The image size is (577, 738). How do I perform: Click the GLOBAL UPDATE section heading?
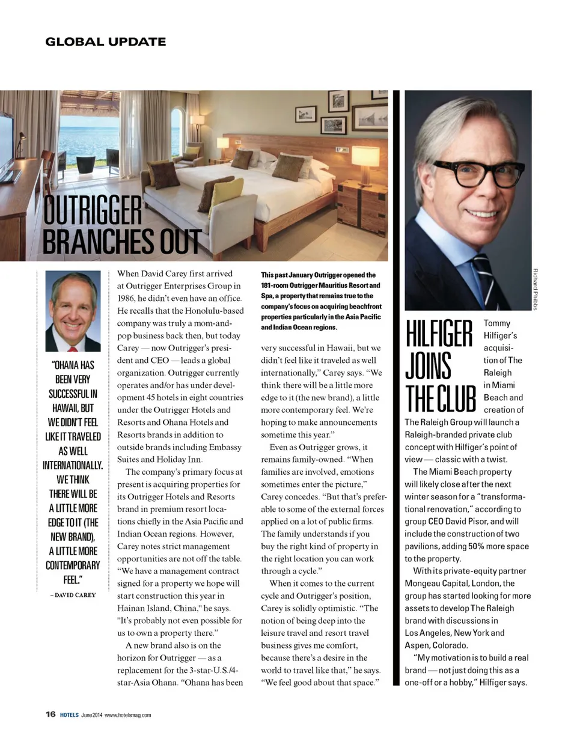click(x=106, y=41)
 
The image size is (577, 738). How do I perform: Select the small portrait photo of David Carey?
click(x=73, y=311)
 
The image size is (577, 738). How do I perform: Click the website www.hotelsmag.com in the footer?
click(x=128, y=715)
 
